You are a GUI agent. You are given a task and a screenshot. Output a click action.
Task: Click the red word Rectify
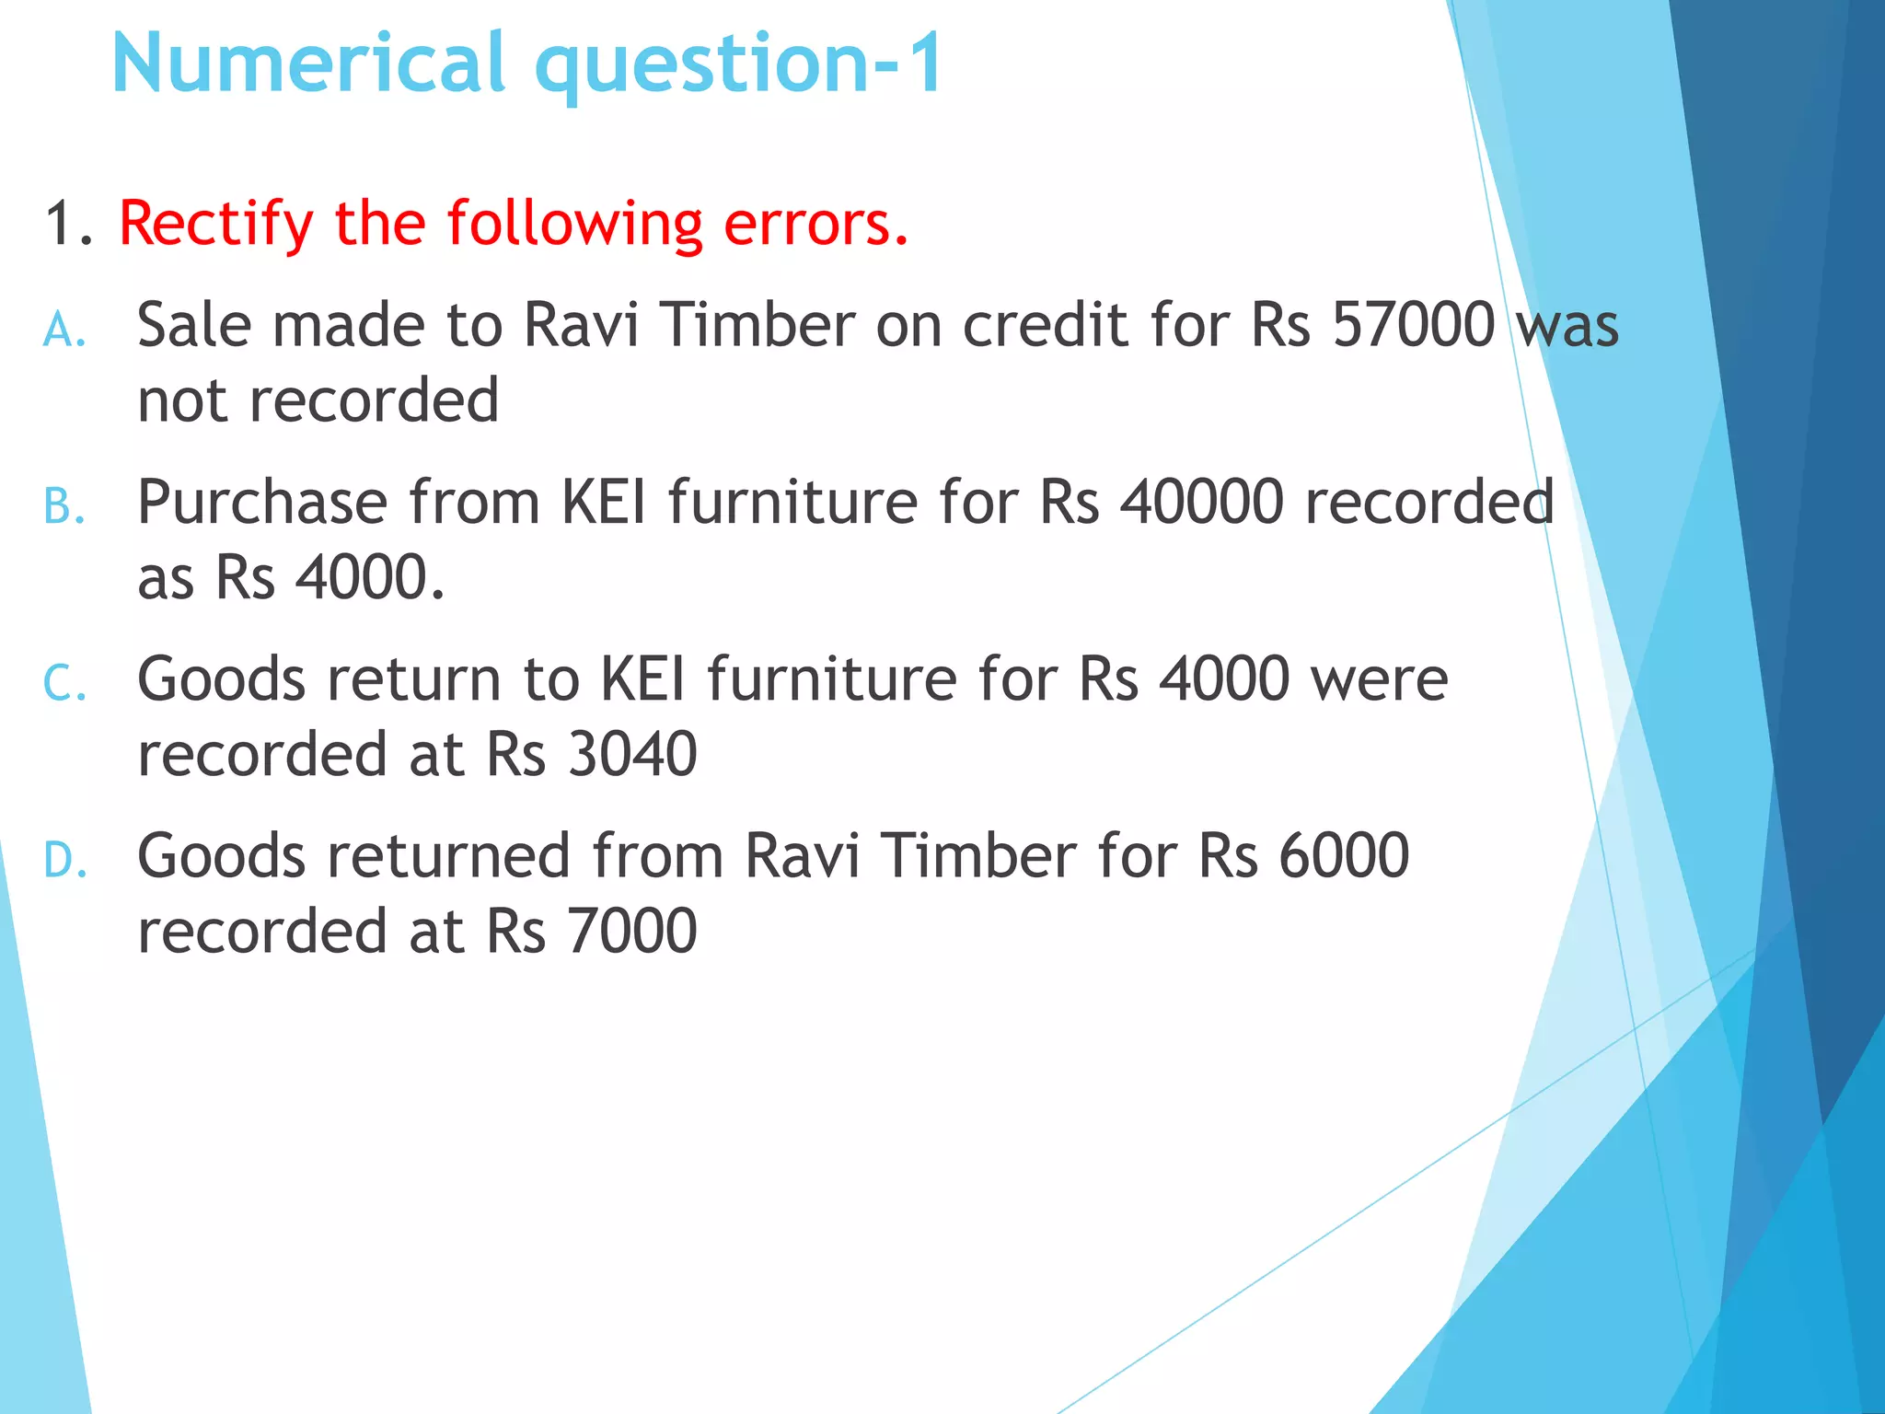[216, 226]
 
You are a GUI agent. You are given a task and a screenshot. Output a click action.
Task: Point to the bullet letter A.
[64, 330]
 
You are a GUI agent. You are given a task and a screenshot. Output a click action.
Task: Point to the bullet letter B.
[64, 507]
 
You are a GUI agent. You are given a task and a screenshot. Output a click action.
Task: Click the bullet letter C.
[64, 684]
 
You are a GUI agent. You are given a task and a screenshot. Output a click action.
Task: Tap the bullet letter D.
[64, 861]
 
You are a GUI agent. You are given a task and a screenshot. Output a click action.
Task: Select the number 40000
[1201, 503]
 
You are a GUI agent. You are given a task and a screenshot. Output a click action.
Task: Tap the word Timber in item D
[977, 856]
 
